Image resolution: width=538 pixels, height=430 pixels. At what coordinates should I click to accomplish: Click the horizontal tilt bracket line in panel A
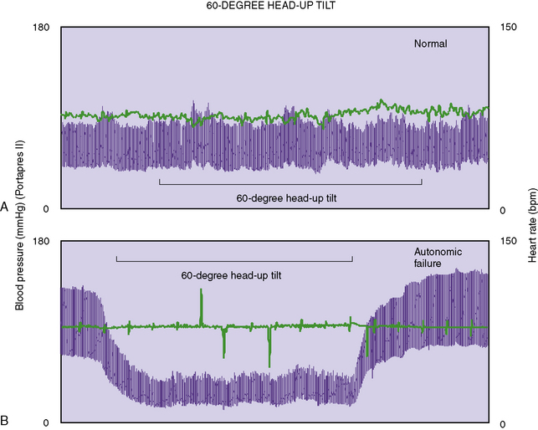290,184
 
